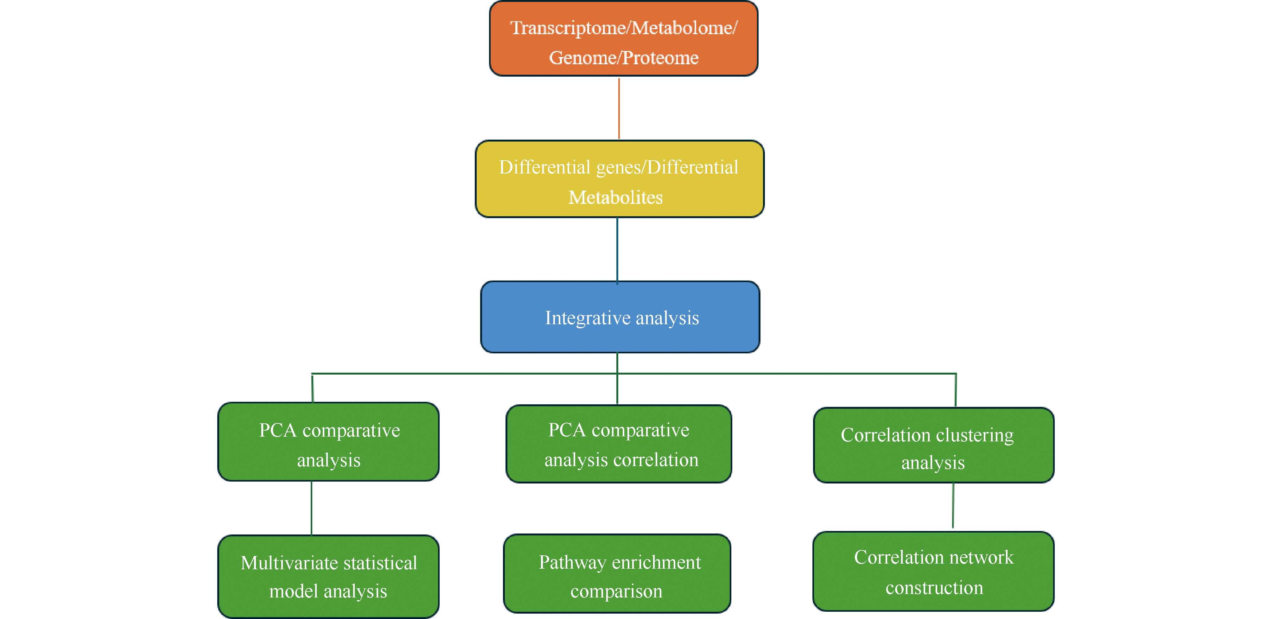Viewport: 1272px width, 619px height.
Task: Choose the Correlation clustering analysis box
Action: coord(933,445)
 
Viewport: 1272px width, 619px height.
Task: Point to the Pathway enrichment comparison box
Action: coord(617,574)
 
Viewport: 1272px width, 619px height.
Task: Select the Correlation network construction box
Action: coord(933,571)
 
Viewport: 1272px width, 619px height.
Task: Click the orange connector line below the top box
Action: coord(619,109)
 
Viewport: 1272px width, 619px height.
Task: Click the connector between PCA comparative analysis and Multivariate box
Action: coord(312,508)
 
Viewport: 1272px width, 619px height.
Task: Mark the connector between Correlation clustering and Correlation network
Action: coord(953,506)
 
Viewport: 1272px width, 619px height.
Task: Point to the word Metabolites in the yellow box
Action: coord(615,198)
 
